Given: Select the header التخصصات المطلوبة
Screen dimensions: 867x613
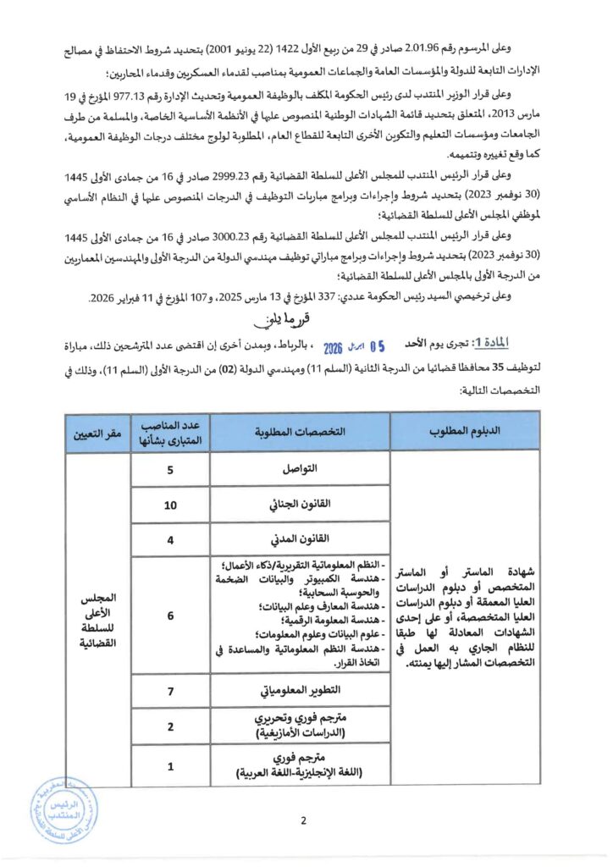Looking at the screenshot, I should coord(300,431).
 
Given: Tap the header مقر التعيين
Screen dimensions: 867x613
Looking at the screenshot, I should coord(96,431).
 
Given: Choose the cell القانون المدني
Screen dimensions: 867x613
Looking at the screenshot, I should coord(300,538).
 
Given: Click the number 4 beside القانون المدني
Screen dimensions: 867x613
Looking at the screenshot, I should coord(170,538).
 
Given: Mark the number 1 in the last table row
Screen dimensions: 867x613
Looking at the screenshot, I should coord(170,767).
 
